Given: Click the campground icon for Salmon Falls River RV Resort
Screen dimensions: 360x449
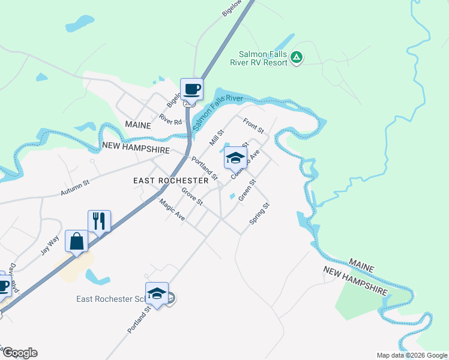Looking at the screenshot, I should tap(296, 58).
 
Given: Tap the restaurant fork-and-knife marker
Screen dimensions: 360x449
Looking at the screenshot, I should tap(99, 221).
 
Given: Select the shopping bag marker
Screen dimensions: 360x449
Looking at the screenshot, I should tap(77, 241).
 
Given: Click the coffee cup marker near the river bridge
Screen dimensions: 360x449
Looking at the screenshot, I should tap(192, 89).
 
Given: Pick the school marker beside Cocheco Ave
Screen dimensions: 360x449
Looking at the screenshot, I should tap(235, 158).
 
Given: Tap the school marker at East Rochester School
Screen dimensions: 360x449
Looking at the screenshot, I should tap(157, 293).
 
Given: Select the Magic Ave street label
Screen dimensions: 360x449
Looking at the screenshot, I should tap(172, 210).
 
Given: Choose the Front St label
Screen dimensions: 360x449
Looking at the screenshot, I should tap(253, 126).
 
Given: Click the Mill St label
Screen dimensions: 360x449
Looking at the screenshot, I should tap(216, 138).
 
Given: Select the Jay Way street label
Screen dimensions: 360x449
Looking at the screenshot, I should tap(50, 246).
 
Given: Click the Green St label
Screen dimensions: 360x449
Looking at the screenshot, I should tap(247, 190).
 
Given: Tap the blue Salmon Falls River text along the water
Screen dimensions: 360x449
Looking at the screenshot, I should tap(218, 107).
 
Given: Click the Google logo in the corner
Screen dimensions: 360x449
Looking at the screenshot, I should tap(19, 353).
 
